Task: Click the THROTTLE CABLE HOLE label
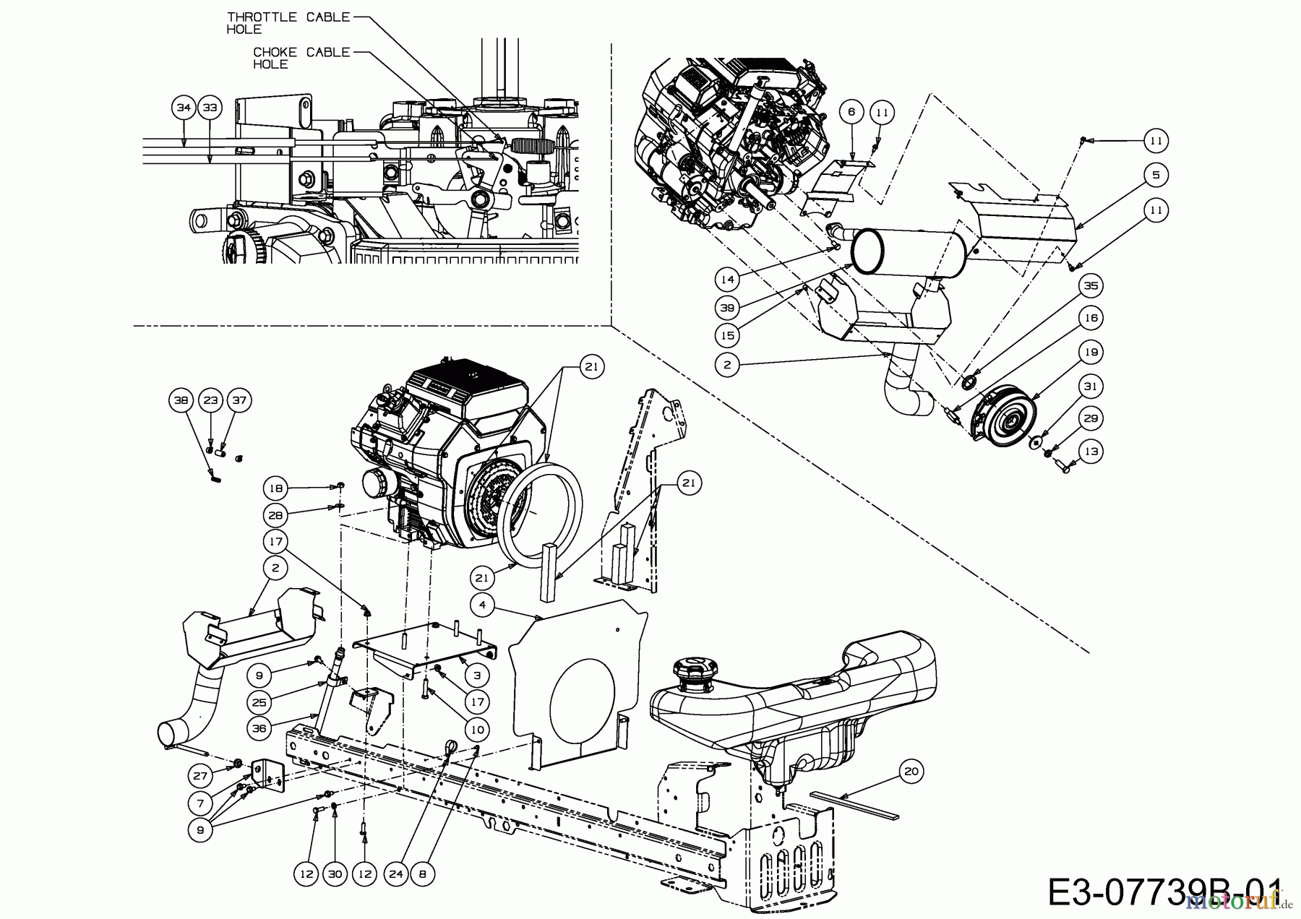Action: point(288,22)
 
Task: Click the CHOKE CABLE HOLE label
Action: point(301,58)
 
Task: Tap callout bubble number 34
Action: point(184,108)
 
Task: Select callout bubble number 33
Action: point(210,108)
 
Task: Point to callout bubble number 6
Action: point(851,112)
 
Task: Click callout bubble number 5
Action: point(1156,175)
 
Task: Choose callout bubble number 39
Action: point(727,308)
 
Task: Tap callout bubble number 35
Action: point(1091,286)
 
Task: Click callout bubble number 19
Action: point(1091,353)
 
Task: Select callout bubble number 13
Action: point(1091,452)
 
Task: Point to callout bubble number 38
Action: point(182,400)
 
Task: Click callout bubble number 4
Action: point(483,605)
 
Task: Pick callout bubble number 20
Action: point(911,772)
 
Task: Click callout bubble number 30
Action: point(335,873)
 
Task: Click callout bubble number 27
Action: point(200,776)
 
